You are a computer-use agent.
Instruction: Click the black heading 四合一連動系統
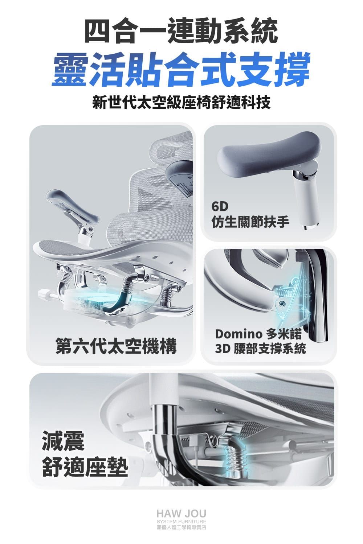(181, 32)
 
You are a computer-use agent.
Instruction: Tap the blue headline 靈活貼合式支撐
(181, 69)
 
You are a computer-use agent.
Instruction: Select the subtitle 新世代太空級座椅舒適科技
(181, 102)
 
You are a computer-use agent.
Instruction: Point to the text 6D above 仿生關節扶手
(220, 206)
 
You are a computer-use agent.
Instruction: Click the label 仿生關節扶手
(250, 222)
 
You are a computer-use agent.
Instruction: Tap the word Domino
(238, 334)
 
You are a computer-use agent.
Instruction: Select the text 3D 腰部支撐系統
(260, 349)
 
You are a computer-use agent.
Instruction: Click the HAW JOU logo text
(181, 514)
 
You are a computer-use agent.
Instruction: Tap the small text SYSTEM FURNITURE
(181, 522)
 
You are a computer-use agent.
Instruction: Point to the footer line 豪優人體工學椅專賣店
(181, 527)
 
